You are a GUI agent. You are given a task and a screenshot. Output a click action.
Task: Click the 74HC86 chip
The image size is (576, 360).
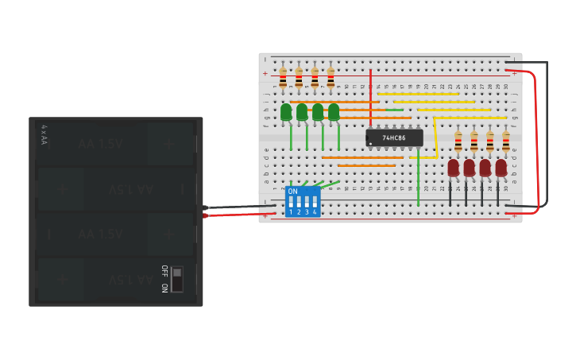point(394,137)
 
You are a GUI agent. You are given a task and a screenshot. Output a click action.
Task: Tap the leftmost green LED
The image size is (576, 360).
point(286,112)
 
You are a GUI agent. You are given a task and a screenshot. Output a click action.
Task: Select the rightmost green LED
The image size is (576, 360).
point(334,112)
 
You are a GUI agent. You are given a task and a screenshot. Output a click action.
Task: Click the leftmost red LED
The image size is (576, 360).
point(454,168)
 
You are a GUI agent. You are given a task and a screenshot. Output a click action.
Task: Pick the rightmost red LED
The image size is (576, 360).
point(501,168)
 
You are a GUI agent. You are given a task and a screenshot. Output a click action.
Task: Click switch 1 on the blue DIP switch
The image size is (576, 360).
point(291,203)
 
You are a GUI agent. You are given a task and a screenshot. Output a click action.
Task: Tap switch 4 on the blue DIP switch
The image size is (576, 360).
point(315,203)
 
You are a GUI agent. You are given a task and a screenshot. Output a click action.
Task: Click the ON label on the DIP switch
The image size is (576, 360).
point(293,192)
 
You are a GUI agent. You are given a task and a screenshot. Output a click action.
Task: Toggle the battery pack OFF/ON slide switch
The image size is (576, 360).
point(177,279)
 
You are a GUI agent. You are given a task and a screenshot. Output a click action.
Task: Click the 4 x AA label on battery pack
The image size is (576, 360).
point(44,134)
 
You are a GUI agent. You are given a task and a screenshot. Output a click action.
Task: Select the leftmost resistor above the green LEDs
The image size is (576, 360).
point(283,78)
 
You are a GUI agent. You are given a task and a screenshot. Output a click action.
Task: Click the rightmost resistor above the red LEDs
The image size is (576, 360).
point(506,142)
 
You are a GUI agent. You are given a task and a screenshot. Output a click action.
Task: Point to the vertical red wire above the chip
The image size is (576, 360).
point(370,95)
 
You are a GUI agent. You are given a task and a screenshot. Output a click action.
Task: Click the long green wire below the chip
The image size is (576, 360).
point(419,179)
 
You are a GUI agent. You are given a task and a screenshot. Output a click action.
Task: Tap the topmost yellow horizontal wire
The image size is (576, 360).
point(418,94)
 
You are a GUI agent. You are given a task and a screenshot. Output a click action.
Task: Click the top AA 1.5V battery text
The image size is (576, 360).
point(100,144)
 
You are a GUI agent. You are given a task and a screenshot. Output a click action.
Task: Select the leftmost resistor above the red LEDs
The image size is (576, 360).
point(458,142)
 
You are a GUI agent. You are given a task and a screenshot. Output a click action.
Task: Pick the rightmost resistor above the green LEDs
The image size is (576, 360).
point(331,78)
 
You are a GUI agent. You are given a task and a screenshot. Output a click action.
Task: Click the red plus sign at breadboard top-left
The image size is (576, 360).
point(265,73)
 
